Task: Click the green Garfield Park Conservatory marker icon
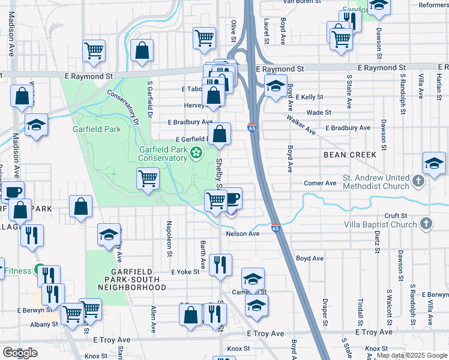coord(196,154)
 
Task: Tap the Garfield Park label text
coord(97,129)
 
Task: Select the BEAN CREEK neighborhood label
coord(350,155)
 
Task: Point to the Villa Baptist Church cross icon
coord(426,224)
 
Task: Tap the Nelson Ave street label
coord(243,233)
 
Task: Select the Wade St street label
coord(318,112)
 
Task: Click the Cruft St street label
coord(396,215)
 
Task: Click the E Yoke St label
coord(185,272)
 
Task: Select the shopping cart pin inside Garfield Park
coord(148,178)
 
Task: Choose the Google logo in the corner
coord(20,353)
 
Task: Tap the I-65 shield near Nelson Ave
coord(276,229)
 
